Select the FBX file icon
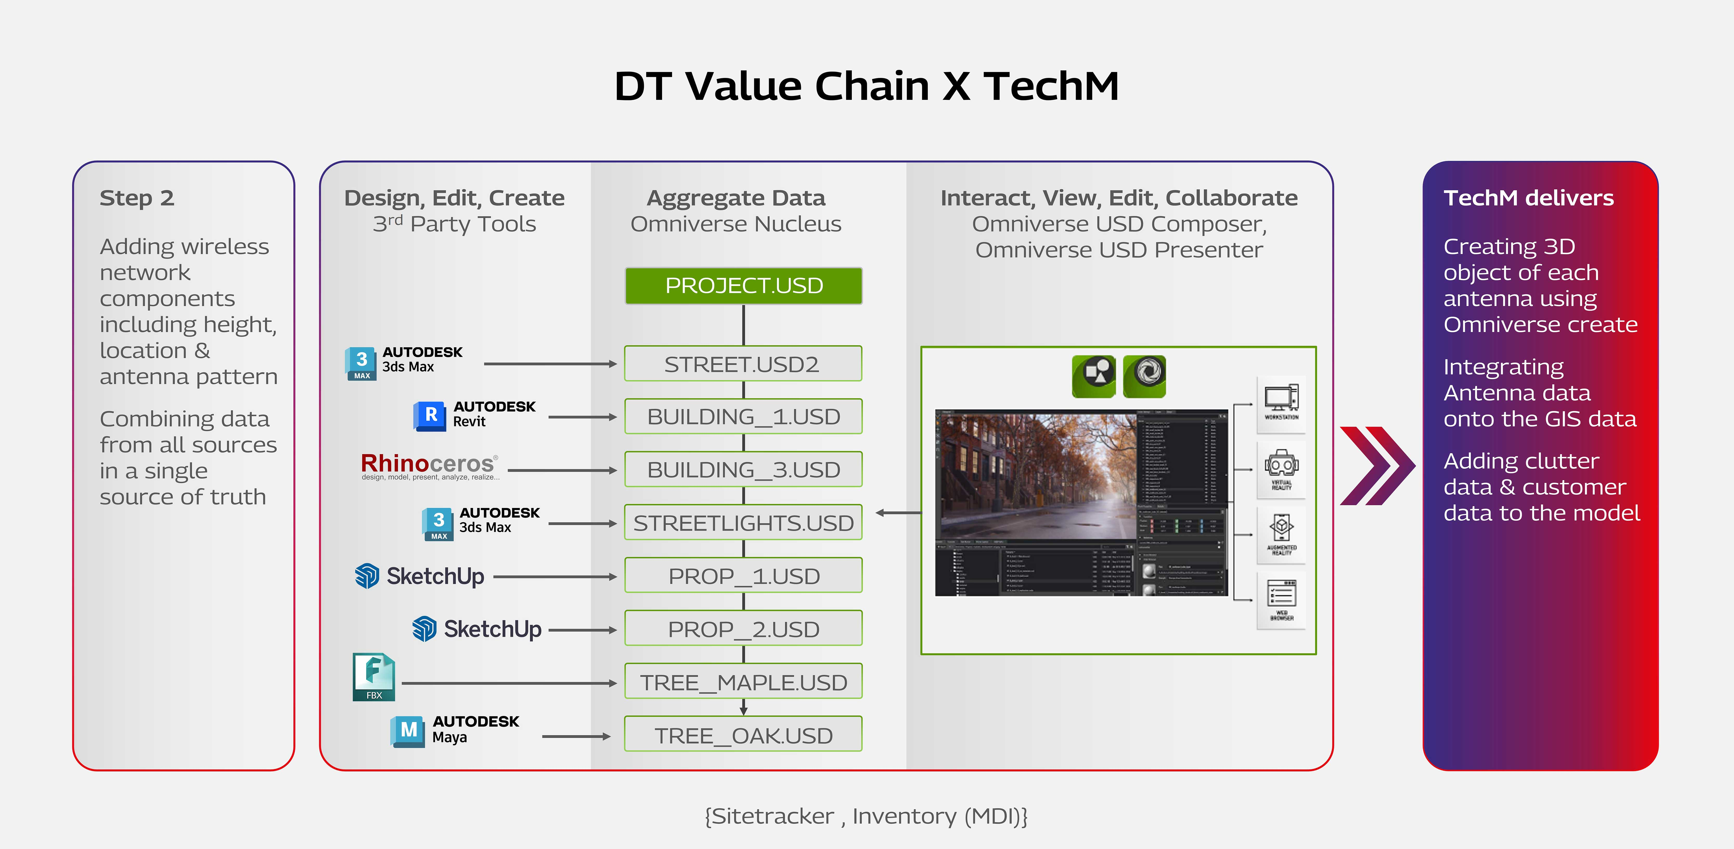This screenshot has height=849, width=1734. click(373, 676)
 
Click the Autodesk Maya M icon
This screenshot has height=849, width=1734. click(408, 731)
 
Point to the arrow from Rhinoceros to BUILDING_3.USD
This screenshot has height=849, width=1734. click(562, 470)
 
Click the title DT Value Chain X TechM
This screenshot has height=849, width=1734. click(866, 86)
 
